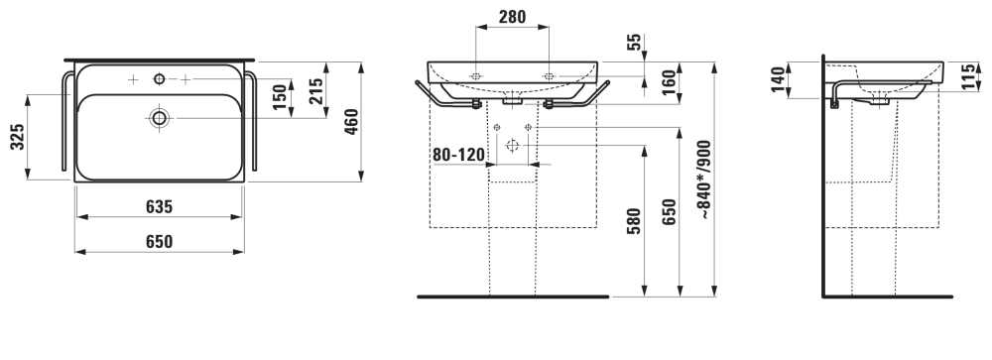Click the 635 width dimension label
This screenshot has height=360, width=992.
(159, 206)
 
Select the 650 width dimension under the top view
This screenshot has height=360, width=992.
(159, 241)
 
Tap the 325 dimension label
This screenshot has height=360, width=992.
(18, 137)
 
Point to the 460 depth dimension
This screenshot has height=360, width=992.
(351, 121)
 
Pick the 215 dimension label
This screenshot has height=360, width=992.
(316, 90)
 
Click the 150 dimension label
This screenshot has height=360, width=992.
(281, 97)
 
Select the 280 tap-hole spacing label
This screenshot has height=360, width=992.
(512, 17)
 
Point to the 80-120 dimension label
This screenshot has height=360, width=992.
(458, 155)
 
